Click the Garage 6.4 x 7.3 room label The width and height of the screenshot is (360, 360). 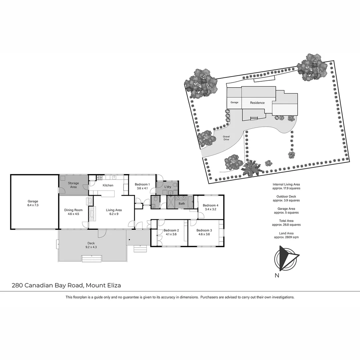pyautogui.click(x=33, y=203)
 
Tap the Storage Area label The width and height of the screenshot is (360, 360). pyautogui.click(x=73, y=185)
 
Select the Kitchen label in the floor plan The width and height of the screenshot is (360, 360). pyautogui.click(x=108, y=185)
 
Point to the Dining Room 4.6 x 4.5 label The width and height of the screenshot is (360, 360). pyautogui.click(x=73, y=212)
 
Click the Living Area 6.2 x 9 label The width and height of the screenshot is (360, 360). pyautogui.click(x=114, y=212)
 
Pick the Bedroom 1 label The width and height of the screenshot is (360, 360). pyautogui.click(x=142, y=186)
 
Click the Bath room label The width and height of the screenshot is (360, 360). pyautogui.click(x=182, y=203)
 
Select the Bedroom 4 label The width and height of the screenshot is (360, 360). pyautogui.click(x=210, y=207)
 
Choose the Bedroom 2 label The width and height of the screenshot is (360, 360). pyautogui.click(x=171, y=232)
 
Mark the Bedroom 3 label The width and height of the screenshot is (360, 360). pyautogui.click(x=204, y=232)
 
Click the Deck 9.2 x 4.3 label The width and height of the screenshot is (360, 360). pyautogui.click(x=91, y=245)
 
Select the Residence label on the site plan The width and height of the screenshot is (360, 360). pyautogui.click(x=257, y=103)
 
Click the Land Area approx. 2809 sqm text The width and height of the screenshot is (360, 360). pyautogui.click(x=286, y=235)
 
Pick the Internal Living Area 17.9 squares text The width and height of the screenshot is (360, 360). pyautogui.click(x=286, y=186)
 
